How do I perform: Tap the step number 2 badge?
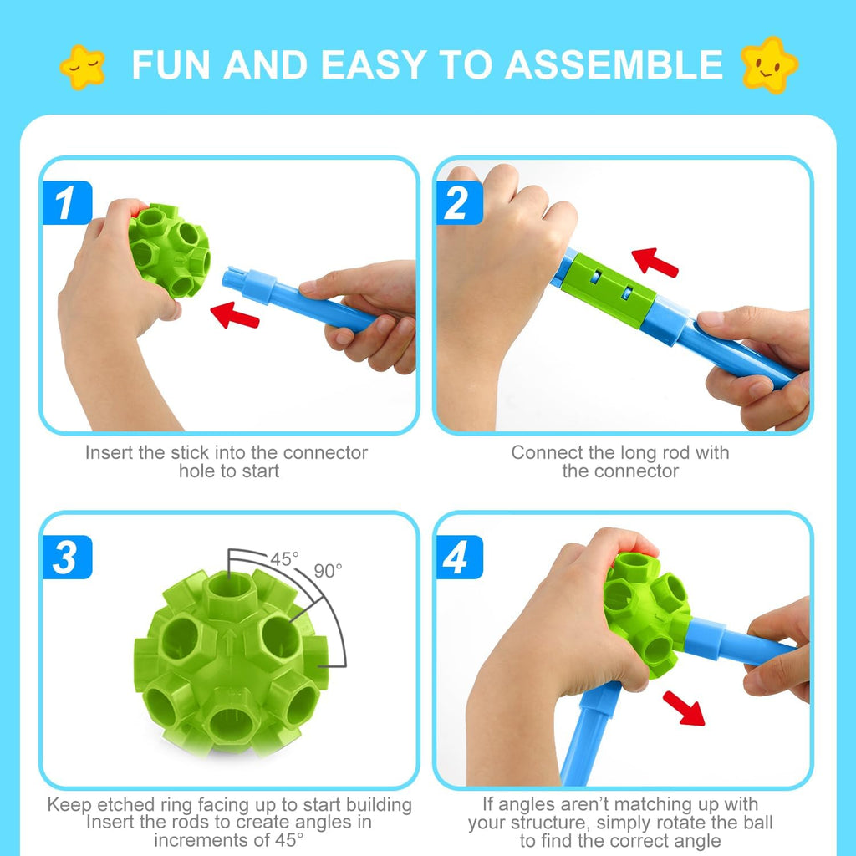[x=457, y=203]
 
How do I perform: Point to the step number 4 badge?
[x=457, y=558]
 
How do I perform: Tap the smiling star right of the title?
[x=769, y=64]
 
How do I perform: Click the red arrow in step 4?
[x=684, y=707]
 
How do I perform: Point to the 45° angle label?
[x=284, y=559]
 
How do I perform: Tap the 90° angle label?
[x=328, y=571]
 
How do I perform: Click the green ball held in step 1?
[x=170, y=249]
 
